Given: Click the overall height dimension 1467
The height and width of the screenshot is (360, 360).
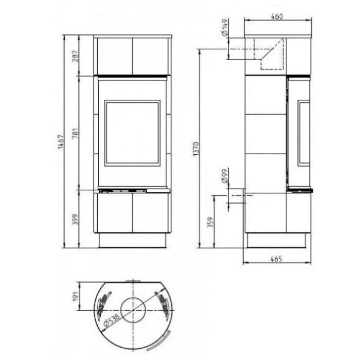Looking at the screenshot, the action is point(61,141).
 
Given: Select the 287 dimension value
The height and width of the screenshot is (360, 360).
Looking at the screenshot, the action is point(75,56).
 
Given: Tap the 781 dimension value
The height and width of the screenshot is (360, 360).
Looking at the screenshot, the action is point(75,133).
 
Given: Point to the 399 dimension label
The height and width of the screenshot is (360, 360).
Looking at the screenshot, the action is point(75,219).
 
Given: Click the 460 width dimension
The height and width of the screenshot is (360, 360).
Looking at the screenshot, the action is point(277,16).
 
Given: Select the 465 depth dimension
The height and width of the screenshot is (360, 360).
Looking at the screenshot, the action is point(276,259).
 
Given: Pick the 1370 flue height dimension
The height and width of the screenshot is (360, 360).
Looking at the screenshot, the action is point(196,149).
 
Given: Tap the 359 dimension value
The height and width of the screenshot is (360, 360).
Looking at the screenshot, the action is point(210,222).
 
